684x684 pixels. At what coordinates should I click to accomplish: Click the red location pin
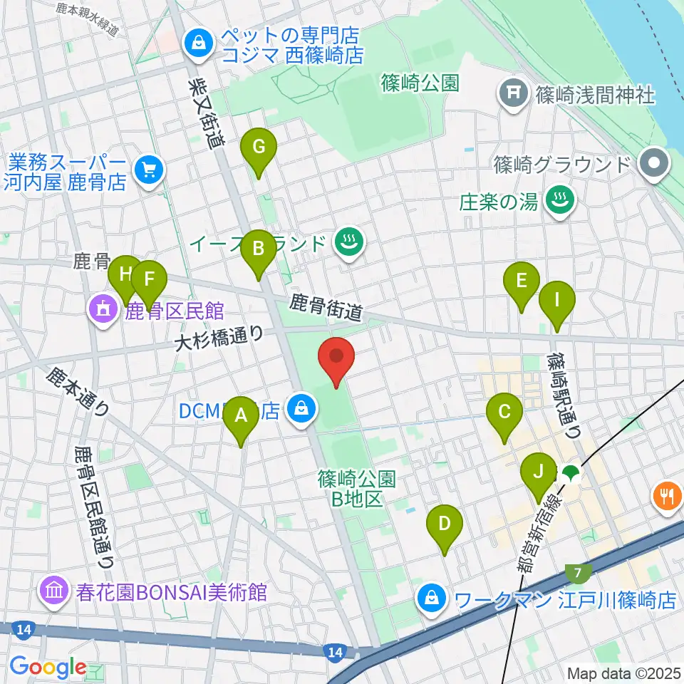pos(336,358)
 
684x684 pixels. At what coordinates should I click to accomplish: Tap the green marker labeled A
pos(241,417)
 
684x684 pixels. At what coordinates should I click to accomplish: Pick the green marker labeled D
pos(444,526)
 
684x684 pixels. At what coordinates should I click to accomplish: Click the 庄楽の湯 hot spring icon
pos(559,202)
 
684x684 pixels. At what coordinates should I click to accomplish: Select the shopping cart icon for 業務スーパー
pos(148,170)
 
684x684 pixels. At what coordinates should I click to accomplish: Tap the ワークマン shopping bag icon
pos(432,597)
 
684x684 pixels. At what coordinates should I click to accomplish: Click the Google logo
pos(48,667)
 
